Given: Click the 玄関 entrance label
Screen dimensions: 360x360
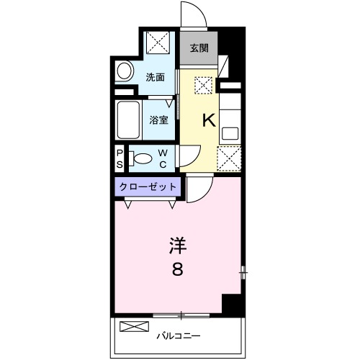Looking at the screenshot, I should [199, 49].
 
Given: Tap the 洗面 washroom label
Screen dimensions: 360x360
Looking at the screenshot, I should [156, 76].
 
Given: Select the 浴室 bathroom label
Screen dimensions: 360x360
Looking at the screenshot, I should [158, 120].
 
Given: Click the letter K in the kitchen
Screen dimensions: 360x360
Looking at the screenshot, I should [208, 120].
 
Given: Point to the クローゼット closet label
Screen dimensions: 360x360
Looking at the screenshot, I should [148, 186].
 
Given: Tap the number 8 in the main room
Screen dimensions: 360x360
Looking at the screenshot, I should [177, 271].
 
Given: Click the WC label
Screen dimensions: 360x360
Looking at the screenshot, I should [163, 158].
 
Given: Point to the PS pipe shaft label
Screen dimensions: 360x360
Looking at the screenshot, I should [120, 158].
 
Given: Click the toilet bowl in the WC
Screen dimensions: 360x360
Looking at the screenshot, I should [143, 158].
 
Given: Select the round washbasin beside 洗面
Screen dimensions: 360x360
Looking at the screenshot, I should [125, 72].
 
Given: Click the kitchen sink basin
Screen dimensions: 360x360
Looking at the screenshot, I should [230, 132].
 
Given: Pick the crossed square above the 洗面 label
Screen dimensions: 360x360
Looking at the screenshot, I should [157, 44].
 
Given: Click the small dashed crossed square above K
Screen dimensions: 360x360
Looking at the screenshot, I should [203, 86].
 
